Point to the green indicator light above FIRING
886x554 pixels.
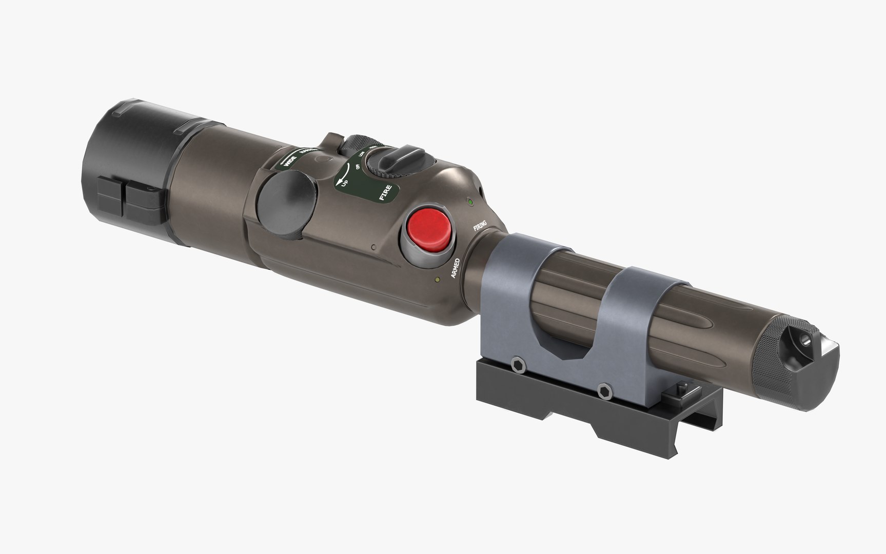coord(469,203)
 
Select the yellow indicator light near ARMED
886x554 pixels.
coord(437,280)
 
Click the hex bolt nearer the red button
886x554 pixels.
coord(517,364)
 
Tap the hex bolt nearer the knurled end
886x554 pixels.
coord(603,390)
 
